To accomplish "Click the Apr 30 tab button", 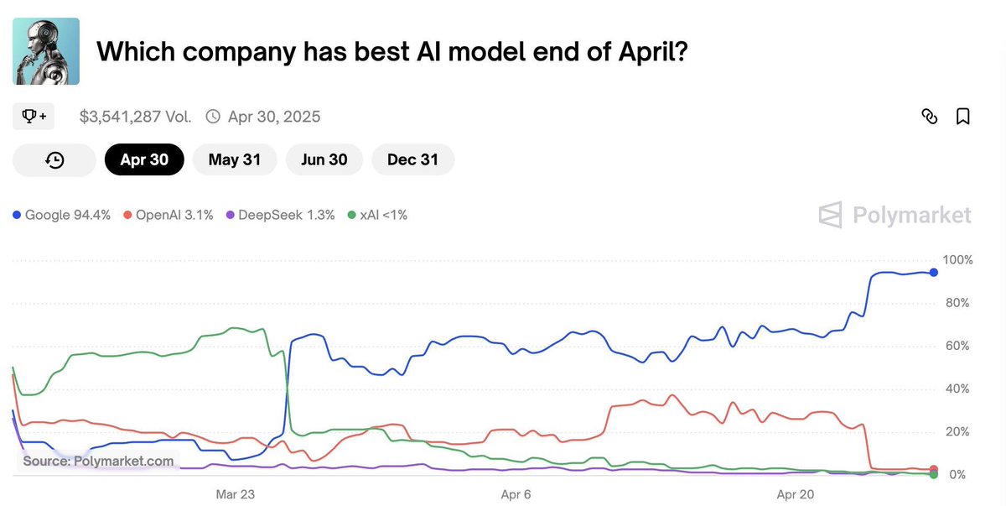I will [x=144, y=159].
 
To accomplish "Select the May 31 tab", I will [x=235, y=159].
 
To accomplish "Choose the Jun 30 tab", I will [x=324, y=159].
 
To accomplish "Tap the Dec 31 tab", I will [x=412, y=159].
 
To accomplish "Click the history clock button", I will [x=54, y=159].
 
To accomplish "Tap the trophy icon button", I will [x=34, y=117].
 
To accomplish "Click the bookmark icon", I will [x=963, y=117].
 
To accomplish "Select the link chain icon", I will [x=929, y=117].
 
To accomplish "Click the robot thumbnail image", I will [x=46, y=51].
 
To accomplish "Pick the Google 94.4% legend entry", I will [x=62, y=215].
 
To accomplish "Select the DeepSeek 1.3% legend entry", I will [x=280, y=215].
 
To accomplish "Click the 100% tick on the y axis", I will [x=958, y=260].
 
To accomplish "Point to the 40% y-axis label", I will [x=958, y=389].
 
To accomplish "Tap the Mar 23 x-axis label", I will [x=236, y=494].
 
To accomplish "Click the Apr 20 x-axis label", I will [x=796, y=494].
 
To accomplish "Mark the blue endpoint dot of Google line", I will [x=933, y=272].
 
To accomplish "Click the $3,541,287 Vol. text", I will [x=136, y=117].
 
